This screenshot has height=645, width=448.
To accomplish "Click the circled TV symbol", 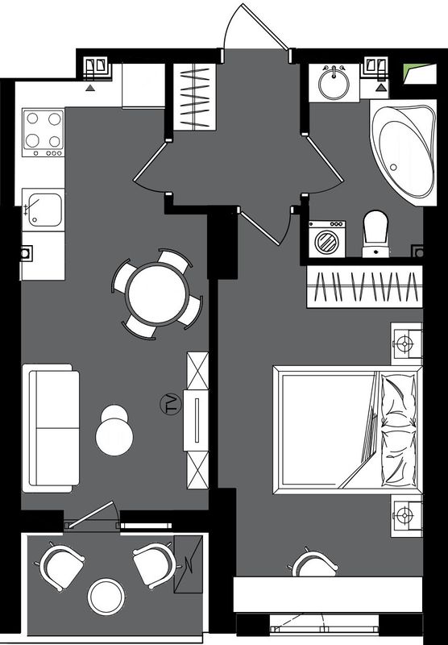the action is [170, 404].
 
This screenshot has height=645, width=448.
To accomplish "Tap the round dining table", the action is [157, 294].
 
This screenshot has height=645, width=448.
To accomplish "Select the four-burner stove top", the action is [44, 132].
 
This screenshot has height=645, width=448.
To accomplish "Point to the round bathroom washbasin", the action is [334, 83].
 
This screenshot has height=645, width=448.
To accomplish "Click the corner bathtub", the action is [404, 152].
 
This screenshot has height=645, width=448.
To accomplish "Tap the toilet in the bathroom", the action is [375, 234].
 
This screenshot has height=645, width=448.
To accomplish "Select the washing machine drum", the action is [327, 241].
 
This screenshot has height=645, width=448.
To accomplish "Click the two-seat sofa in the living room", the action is [51, 428].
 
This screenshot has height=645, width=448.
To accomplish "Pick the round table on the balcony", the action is [106, 597].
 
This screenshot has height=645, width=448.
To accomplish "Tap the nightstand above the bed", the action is [406, 343].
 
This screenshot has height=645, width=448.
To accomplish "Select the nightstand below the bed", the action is [406, 515].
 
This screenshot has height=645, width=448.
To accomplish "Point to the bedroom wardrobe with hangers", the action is [364, 286].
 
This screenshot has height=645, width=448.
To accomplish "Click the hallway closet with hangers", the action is [194, 97].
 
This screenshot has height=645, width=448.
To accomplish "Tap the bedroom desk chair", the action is [315, 564].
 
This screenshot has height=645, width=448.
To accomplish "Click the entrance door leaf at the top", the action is [264, 27].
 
